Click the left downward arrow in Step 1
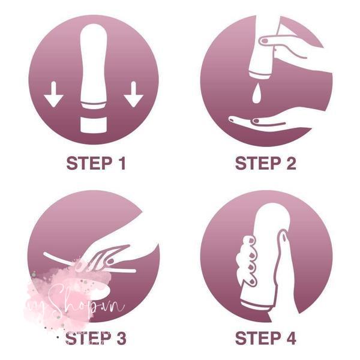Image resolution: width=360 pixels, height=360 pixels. click(x=55, y=94)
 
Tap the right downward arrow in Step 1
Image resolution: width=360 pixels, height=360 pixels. click(x=133, y=94)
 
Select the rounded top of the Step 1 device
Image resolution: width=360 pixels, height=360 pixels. click(x=94, y=36)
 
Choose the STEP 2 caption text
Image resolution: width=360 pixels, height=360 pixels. click(x=266, y=163)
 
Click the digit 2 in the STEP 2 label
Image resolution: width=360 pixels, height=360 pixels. click(x=291, y=163)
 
